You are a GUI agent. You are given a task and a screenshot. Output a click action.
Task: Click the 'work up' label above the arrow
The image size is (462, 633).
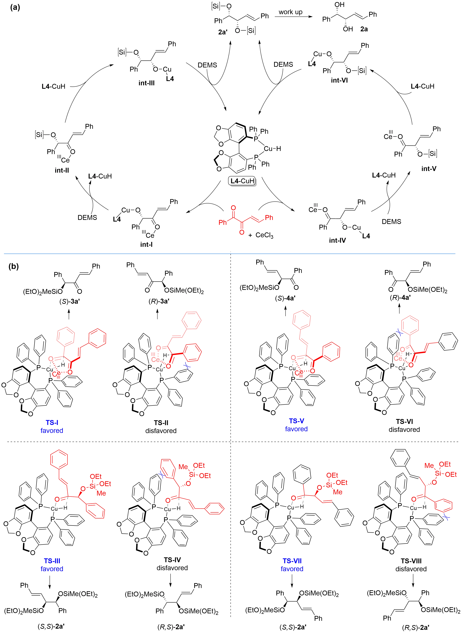pos(291,12)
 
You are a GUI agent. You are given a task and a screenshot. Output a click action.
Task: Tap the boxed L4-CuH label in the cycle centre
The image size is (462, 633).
pos(242,181)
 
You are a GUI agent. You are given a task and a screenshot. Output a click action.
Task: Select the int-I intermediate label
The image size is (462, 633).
pos(146,244)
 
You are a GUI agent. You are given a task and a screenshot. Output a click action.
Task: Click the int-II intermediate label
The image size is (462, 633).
pos(62,170)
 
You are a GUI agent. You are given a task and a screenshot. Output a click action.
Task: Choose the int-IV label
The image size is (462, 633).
pos(338,240)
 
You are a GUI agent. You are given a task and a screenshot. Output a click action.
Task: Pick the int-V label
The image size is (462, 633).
pos(429,169)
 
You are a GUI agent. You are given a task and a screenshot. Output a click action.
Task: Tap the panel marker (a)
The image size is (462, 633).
pos(15,7)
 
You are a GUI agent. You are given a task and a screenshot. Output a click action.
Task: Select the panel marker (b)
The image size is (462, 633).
pos(14,266)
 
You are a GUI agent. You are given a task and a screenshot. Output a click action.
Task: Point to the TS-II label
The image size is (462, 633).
pos(161,423)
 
